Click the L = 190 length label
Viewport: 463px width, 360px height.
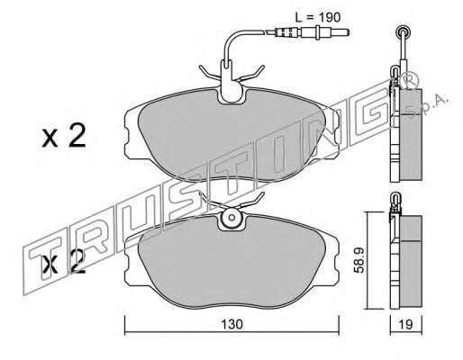point(318,17)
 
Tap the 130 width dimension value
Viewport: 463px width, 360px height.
point(231,324)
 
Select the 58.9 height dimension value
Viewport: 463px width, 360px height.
point(359,260)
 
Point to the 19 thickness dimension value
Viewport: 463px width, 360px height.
point(406,324)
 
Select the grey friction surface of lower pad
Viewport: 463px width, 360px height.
point(231,263)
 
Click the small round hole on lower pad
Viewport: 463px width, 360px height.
point(231,217)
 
